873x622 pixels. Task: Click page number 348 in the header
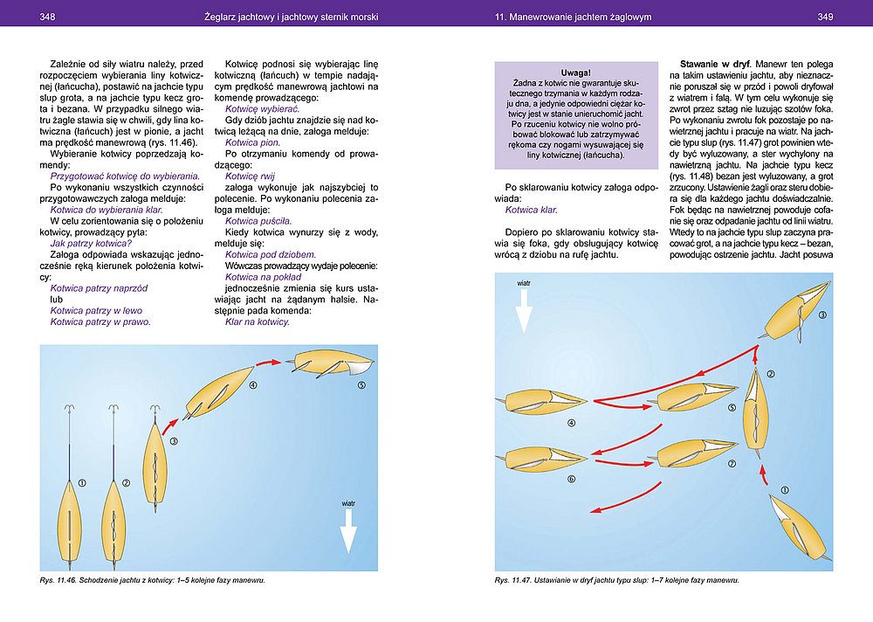[x=49, y=17]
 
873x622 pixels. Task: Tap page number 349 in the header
[x=826, y=17]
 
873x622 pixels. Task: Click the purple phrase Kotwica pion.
[x=252, y=142]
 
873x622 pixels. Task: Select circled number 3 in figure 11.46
[x=174, y=441]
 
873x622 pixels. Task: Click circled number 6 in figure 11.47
[x=571, y=479]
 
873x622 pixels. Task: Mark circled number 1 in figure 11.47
[x=784, y=490]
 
